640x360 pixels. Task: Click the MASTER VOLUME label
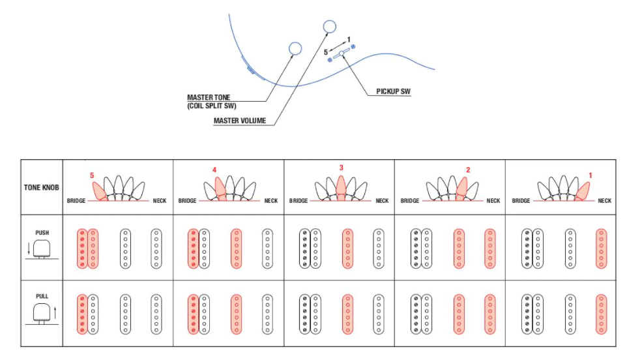coord(239,121)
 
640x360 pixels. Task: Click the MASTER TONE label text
coord(209,98)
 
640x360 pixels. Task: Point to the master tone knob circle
coord(295,48)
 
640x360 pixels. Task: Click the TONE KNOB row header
coord(42,187)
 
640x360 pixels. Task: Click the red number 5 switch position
coord(92,175)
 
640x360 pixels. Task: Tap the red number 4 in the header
coord(214,170)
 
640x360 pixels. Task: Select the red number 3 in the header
coord(341,168)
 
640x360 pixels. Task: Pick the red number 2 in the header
coord(467,170)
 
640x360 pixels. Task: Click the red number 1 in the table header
coord(590,175)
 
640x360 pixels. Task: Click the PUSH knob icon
coord(42,248)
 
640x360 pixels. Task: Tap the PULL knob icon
coord(42,312)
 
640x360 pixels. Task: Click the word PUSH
coord(42,232)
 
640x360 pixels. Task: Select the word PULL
coord(42,296)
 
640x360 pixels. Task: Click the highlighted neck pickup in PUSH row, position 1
coord(601,248)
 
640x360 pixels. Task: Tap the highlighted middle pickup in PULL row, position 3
coord(347,314)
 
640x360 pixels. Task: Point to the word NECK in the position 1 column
coord(605,201)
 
